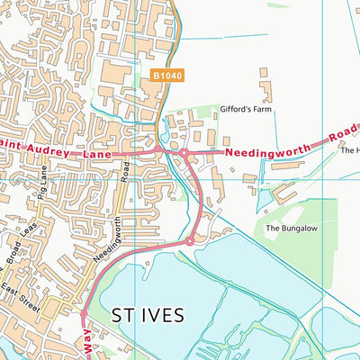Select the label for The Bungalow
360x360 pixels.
(x=287, y=229)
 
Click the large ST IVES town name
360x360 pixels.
(x=148, y=315)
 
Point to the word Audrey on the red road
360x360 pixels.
(x=55, y=149)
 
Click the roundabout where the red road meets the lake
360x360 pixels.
(x=190, y=241)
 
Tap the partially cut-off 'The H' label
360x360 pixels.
(x=348, y=150)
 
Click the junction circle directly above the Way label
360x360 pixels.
(x=83, y=314)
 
